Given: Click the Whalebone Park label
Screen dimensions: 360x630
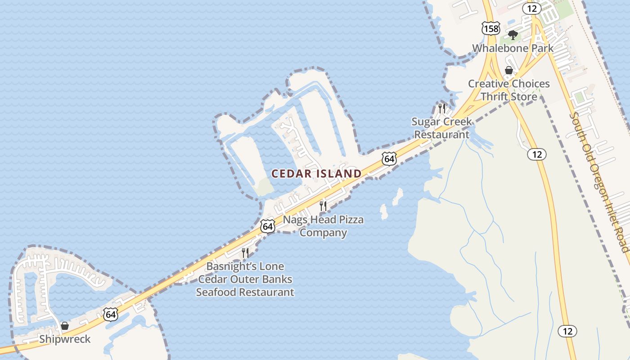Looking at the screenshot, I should click(513, 48).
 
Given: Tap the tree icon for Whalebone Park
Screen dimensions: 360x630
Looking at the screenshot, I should click(512, 35).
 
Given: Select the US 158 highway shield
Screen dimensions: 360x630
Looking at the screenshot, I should click(490, 29).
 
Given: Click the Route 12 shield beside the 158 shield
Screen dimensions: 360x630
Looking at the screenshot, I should click(531, 8).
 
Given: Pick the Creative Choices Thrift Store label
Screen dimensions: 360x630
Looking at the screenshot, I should click(509, 90).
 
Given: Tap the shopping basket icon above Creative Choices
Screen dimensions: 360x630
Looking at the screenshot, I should click(509, 70).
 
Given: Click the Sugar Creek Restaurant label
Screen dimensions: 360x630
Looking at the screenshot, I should click(442, 128).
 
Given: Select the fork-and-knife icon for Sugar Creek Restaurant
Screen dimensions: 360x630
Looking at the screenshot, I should click(441, 108).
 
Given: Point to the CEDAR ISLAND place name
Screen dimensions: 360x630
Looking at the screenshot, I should click(316, 174).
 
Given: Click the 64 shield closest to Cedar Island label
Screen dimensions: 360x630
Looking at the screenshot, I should click(390, 158).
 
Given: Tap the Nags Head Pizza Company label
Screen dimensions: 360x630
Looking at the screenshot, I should click(323, 226).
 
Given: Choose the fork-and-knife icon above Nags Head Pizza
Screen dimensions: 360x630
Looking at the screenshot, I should click(323, 206).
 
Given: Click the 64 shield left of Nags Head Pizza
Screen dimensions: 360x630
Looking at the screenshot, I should click(268, 226).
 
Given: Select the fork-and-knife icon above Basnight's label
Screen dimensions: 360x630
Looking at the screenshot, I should click(245, 252).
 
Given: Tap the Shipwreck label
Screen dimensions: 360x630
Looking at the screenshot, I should click(65, 339).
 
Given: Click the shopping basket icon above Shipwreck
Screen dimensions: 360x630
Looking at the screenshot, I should click(65, 326).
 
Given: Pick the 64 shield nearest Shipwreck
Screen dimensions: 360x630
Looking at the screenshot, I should click(111, 314).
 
